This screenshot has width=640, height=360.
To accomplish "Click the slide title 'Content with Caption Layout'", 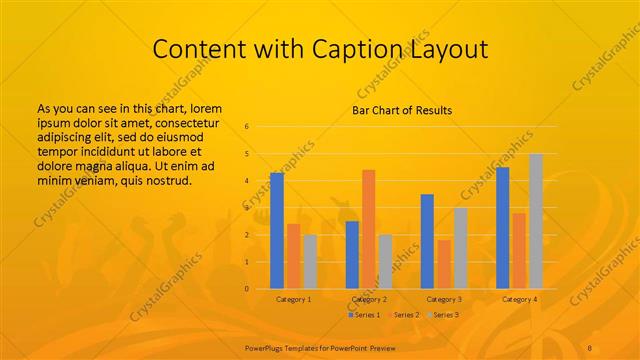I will coord(319,49).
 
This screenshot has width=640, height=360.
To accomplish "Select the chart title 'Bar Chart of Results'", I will coord(401,110).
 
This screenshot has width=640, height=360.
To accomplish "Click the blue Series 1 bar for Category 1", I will coord(277,230).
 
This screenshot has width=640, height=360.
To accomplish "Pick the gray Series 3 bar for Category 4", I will coord(536,221).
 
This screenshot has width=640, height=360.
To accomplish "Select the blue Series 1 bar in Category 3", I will coord(427,241).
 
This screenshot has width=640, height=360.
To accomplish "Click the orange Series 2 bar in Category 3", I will coord(443,264).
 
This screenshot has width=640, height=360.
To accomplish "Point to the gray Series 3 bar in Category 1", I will coord(309,261).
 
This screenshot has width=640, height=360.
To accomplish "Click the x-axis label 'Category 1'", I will coord(293,299).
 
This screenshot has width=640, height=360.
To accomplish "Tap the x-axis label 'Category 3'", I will coord(444,299).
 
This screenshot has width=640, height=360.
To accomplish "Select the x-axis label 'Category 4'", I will coord(519,299).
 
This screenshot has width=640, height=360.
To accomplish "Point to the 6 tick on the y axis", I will coord(246,127).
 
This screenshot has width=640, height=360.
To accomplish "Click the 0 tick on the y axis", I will coord(246,288).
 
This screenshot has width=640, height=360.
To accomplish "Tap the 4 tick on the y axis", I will coord(246,181).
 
